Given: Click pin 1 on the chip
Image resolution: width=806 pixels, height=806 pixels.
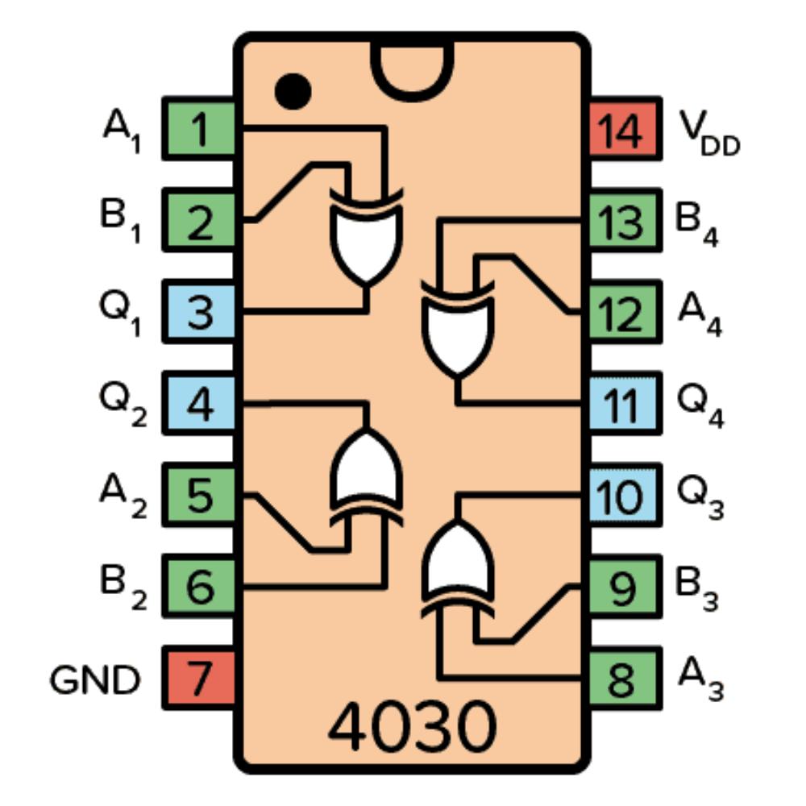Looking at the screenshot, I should pos(200,129).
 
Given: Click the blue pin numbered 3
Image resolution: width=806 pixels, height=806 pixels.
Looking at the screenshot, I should pos(200,313).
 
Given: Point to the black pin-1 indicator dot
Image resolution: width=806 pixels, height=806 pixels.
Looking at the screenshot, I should pos(292,90).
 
